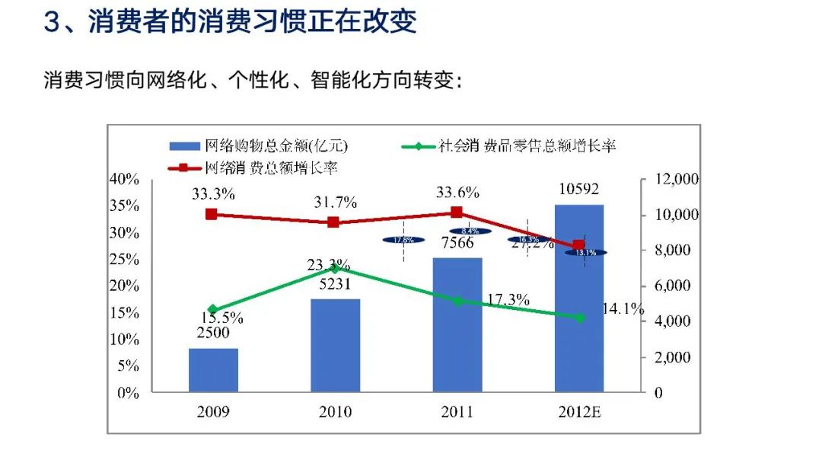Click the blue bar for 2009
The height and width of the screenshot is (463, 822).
213,370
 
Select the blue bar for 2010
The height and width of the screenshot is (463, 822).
336,346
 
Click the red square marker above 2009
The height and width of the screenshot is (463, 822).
212,215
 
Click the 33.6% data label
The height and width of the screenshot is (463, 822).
457,192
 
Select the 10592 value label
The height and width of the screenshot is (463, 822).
578,189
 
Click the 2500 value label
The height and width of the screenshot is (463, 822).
213,333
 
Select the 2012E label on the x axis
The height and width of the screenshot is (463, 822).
578,412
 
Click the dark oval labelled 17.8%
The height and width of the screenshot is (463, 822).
403,240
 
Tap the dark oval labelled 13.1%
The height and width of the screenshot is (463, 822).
585,252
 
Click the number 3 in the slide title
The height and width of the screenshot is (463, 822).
52,21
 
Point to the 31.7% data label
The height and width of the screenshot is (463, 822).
336,203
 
